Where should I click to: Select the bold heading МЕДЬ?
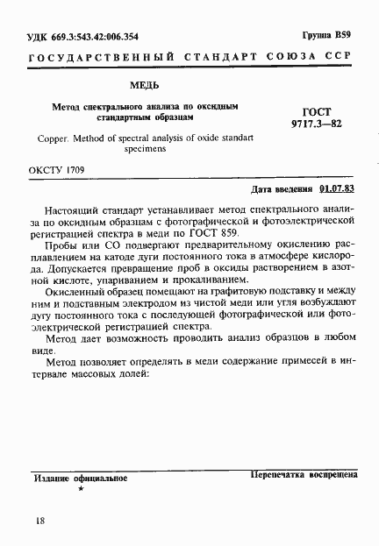144,86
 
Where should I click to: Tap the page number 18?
36,521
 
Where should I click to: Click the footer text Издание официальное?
81,479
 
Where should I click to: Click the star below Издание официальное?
81,489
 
